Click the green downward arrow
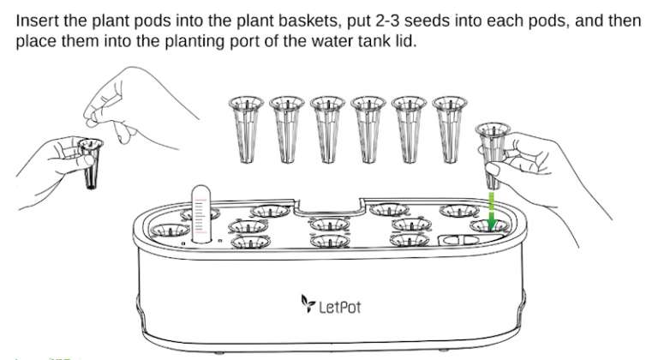pyautogui.click(x=492, y=212)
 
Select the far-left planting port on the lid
pyautogui.click(x=169, y=230)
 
